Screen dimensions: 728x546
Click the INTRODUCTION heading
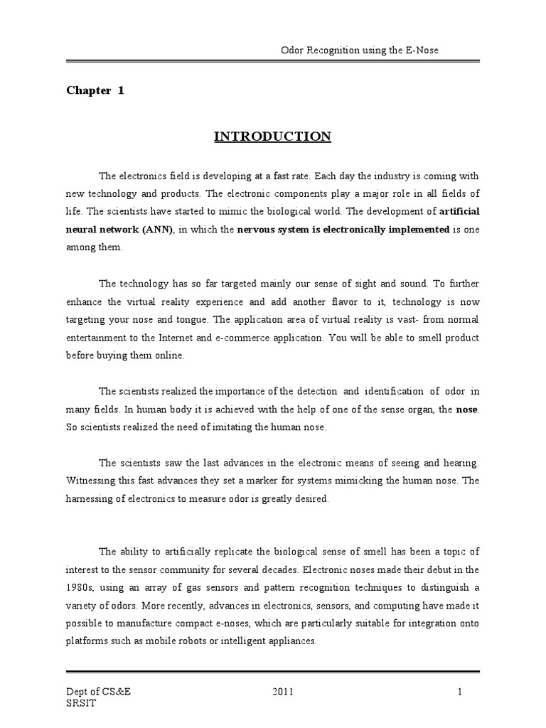(x=272, y=136)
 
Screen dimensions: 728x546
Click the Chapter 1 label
(x=95, y=90)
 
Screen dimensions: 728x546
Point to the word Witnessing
(x=92, y=481)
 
